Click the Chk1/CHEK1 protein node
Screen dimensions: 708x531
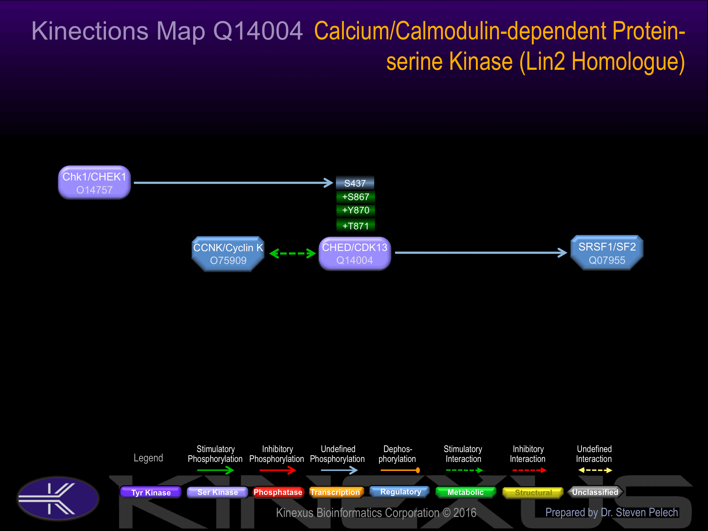tap(94, 182)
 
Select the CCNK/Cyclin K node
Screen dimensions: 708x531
tap(228, 254)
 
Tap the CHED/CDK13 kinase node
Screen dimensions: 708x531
tap(355, 253)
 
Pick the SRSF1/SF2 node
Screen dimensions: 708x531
tap(607, 253)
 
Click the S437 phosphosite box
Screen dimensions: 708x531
tap(355, 183)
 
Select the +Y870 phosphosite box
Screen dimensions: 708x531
tap(356, 210)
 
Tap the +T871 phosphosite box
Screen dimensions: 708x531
tap(356, 225)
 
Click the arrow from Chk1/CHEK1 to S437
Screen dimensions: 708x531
tap(234, 183)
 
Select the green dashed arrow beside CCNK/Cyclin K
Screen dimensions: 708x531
tap(293, 253)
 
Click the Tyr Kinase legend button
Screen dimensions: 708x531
tap(151, 492)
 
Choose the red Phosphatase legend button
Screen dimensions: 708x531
tap(278, 492)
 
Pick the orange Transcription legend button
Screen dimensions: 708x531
tap(335, 492)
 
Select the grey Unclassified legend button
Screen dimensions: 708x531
tap(595, 492)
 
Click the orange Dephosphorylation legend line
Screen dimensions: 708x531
tap(400, 470)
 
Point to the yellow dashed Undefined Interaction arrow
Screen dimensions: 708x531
tap(595, 470)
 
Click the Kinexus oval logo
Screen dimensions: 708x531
tap(58, 498)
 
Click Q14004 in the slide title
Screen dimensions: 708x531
tap(258, 31)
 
